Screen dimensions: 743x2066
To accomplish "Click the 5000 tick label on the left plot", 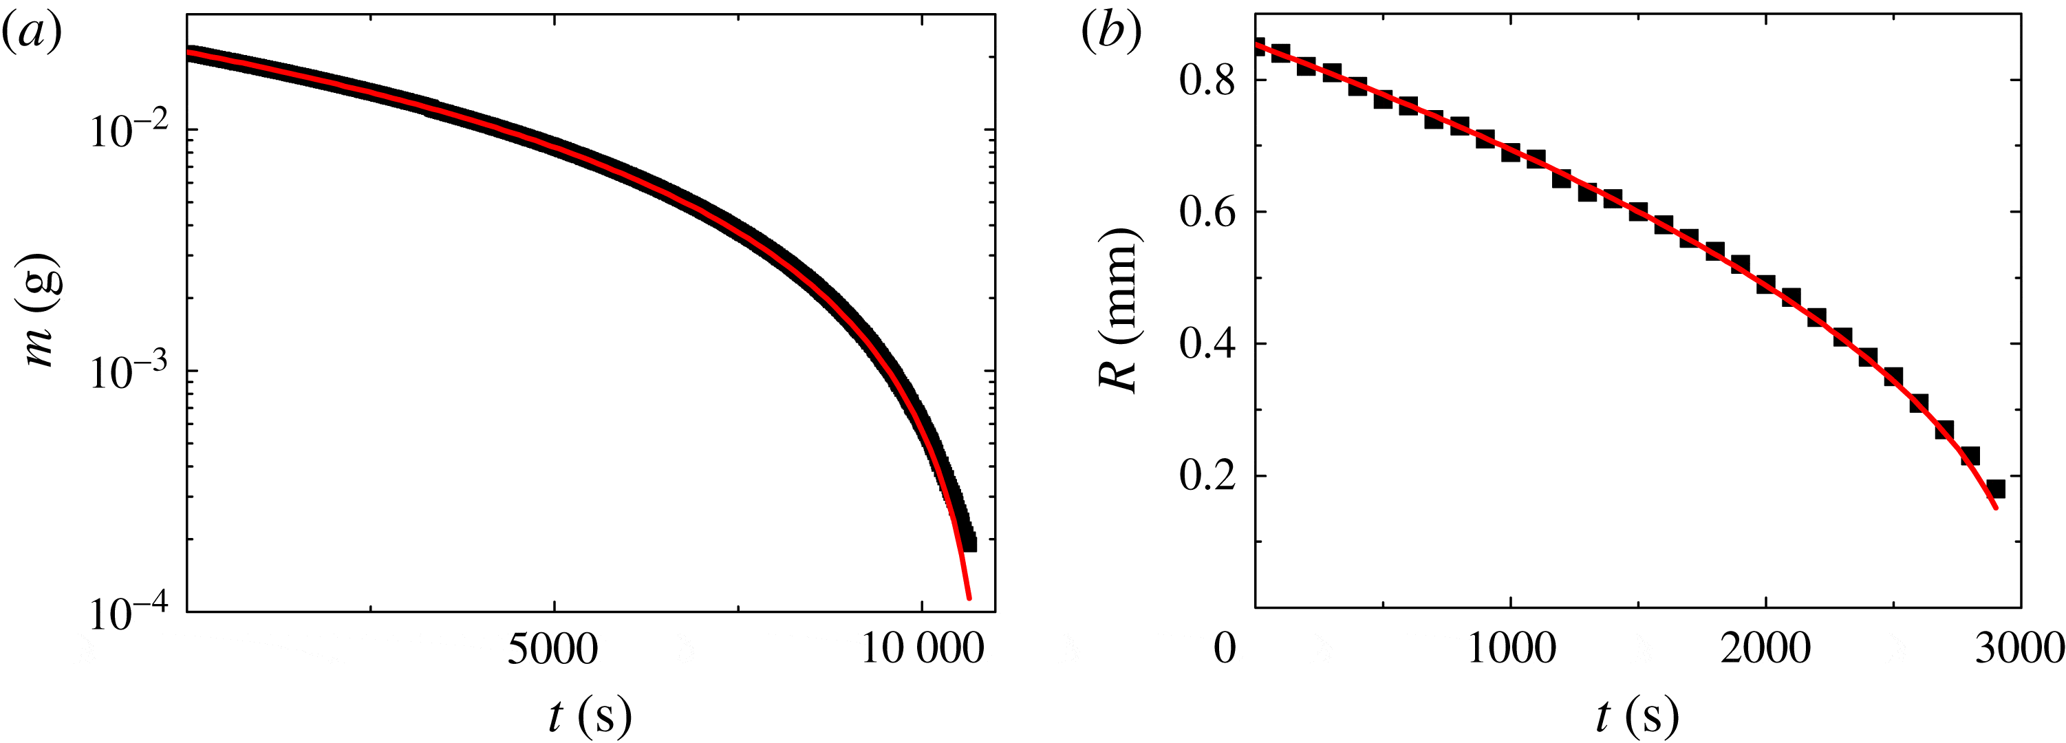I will (553, 648).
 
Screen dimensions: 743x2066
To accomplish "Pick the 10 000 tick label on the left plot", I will (923, 648).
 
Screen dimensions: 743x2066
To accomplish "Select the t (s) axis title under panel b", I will (1637, 715).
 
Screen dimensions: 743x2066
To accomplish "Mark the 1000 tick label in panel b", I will (1511, 648).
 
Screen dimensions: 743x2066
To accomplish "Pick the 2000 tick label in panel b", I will (1766, 648).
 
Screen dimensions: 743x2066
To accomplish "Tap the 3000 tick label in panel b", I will (2019, 648).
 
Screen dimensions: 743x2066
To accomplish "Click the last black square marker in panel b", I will (1995, 488).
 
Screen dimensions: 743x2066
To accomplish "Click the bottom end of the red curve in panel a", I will (969, 598).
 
